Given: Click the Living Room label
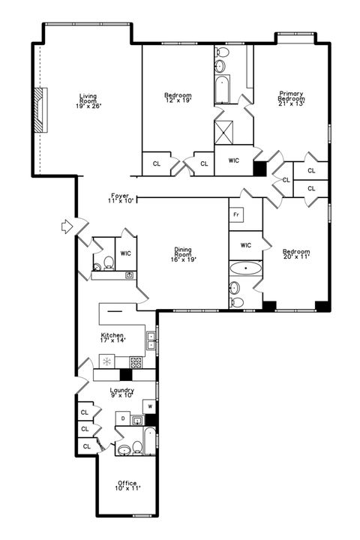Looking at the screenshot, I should click(88, 100).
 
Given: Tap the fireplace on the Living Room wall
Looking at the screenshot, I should click(40, 111).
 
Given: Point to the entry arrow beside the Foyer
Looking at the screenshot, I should click(66, 225).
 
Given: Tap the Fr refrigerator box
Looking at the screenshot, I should click(236, 214).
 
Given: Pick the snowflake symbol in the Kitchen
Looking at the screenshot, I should click(107, 362).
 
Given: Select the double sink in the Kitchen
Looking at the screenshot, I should click(151, 340).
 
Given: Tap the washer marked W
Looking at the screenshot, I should click(150, 406).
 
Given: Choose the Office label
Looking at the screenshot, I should click(127, 485).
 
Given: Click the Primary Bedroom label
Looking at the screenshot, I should click(291, 97).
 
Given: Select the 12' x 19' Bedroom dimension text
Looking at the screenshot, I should click(178, 101).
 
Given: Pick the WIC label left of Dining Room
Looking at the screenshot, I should click(125, 253).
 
